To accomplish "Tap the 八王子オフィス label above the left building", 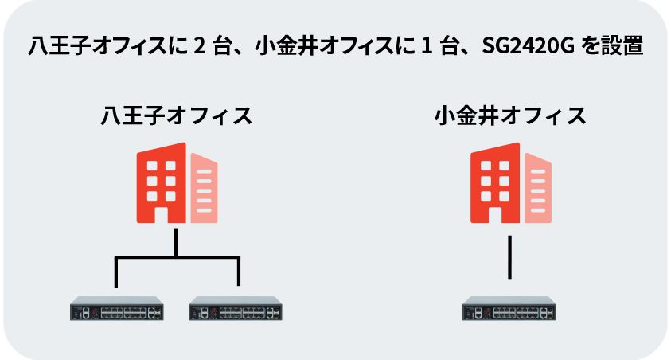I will pyautogui.click(x=176, y=116).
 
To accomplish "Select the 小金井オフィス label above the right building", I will pyautogui.click(x=510, y=116).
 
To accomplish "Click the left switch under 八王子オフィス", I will pyautogui.click(x=116, y=310).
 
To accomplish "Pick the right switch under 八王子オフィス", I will pyautogui.click(x=236, y=310).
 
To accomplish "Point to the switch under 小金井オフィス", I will pyautogui.click(x=509, y=310).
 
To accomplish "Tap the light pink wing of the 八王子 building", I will pyautogui.click(x=204, y=188).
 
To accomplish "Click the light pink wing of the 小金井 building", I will pyautogui.click(x=537, y=188).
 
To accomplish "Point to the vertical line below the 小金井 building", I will pyautogui.click(x=509, y=256).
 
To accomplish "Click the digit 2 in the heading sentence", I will pyautogui.click(x=197, y=47).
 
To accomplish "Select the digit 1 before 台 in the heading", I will pyautogui.click(x=425, y=47).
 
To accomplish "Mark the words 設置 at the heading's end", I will pyautogui.click(x=623, y=47).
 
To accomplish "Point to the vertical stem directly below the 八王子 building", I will pyautogui.click(x=176, y=241).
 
